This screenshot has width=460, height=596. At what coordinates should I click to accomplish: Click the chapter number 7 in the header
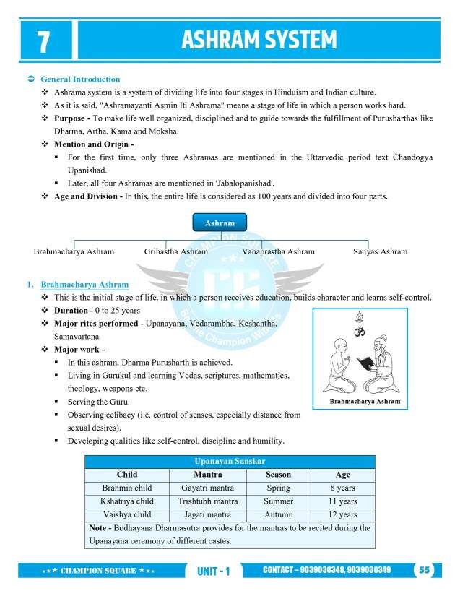(44, 41)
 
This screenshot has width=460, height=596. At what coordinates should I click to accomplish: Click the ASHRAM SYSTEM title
(259, 40)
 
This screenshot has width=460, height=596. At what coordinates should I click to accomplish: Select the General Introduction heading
(80, 79)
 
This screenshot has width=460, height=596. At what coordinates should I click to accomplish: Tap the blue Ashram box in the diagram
(220, 223)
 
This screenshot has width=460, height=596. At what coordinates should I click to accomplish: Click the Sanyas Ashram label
(380, 251)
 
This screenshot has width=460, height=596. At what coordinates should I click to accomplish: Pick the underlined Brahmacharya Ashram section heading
(84, 285)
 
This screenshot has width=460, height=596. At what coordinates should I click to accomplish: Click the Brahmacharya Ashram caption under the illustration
(365, 401)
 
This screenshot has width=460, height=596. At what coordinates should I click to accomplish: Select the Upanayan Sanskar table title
(230, 461)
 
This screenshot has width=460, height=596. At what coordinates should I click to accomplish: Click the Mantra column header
(208, 475)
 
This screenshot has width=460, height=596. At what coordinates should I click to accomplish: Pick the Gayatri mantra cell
(208, 488)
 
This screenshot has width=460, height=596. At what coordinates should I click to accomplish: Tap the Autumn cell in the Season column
(278, 514)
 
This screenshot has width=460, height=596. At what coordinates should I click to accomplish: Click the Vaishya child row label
(127, 514)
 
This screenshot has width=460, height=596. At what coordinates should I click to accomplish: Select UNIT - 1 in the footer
(213, 571)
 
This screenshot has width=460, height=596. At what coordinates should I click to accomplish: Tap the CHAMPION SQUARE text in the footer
(98, 571)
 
